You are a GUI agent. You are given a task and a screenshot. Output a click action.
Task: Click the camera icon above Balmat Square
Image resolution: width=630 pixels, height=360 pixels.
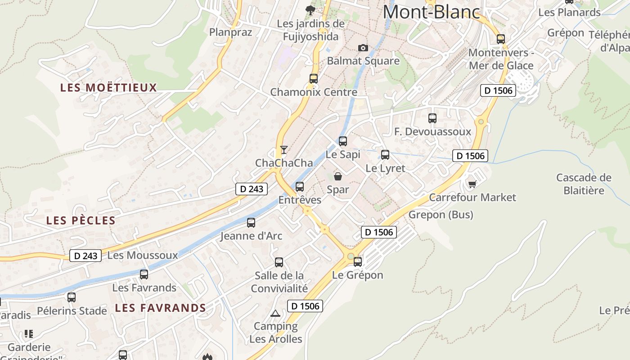[363, 48]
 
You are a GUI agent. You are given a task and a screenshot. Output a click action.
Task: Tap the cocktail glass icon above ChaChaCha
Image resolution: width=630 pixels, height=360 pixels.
[283, 149]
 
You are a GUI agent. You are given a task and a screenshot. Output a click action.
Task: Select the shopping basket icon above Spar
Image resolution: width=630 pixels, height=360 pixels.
[337, 176]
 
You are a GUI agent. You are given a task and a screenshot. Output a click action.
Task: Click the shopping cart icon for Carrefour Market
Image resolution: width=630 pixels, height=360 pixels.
[472, 184]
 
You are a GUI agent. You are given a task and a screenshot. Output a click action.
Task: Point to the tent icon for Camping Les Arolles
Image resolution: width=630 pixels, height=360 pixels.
[275, 313]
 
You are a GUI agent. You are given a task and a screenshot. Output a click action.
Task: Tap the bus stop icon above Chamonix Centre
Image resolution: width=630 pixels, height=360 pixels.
[314, 78]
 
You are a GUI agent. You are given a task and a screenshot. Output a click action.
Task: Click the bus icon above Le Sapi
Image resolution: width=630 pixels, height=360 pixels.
[343, 141]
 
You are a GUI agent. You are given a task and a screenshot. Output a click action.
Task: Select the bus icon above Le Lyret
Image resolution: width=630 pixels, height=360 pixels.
[385, 155]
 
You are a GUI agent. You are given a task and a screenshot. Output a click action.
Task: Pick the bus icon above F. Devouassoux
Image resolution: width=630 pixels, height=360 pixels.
[432, 118]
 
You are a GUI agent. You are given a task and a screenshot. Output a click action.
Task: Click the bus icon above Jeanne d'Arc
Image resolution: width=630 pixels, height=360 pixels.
[251, 222]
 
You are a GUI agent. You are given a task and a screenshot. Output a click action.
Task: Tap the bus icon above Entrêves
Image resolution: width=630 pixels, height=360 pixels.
[300, 186]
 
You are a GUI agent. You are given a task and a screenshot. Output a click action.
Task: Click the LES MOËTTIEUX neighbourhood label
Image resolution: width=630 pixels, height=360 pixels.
[108, 87]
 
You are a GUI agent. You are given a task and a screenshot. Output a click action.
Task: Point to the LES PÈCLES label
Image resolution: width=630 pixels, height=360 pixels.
[81, 220]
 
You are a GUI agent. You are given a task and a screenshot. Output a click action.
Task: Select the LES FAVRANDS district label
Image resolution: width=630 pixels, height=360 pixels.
[160, 308]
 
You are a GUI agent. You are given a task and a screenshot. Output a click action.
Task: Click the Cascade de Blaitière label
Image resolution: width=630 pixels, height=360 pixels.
[584, 184]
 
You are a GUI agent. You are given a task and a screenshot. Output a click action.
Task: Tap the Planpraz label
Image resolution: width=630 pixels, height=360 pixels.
[230, 32]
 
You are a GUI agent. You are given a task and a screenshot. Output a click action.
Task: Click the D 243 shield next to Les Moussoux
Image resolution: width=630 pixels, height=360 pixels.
[85, 256]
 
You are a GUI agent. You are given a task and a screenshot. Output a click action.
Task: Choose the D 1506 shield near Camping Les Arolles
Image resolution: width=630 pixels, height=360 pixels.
[305, 306]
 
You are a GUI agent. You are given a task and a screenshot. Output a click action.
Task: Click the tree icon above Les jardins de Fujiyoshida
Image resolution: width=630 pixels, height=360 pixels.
[310, 10]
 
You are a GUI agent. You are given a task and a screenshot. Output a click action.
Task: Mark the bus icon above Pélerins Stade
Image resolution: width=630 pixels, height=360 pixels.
[72, 297]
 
